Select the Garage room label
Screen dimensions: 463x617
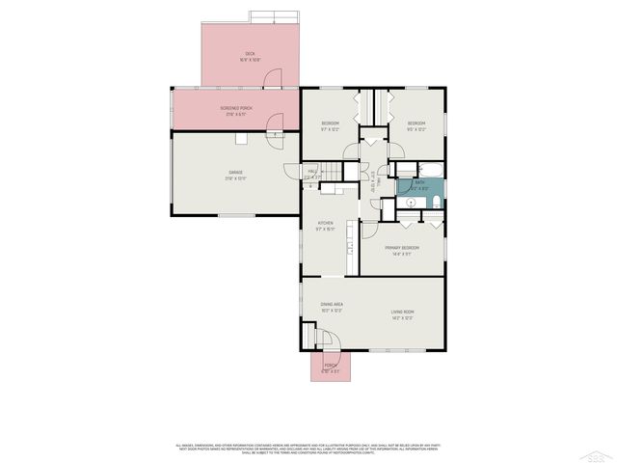tap(235, 177)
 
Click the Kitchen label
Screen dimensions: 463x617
tap(326, 226)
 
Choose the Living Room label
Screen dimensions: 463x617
tap(402, 313)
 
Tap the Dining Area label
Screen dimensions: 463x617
tap(332, 307)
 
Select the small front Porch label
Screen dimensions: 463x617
tap(330, 367)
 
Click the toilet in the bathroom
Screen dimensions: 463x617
tap(436, 202)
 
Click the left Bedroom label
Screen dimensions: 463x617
tap(330, 125)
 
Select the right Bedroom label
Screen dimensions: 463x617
tap(416, 125)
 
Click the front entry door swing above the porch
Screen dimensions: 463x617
tap(331, 340)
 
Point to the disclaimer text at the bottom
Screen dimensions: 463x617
tap(308, 448)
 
